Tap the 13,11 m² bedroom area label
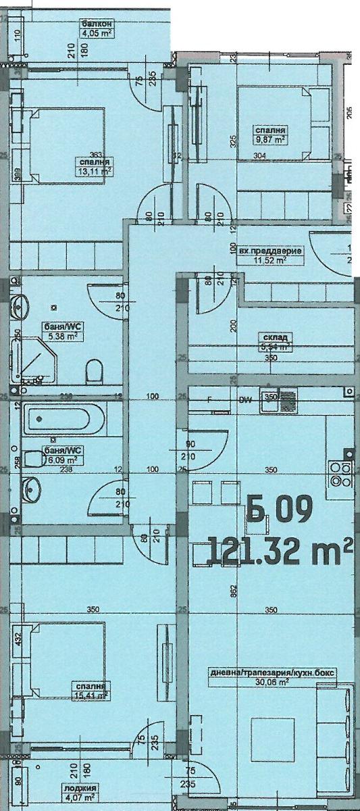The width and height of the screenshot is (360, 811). point(95,167)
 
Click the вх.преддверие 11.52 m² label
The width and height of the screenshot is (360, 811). point(271,254)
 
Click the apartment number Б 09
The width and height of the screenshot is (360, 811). point(279,509)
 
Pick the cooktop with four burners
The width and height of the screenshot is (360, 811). point(339,474)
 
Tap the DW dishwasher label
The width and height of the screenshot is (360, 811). point(246,400)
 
